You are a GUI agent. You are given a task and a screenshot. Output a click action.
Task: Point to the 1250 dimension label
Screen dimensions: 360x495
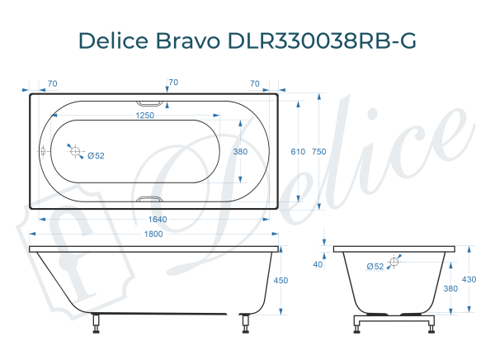click(146, 116)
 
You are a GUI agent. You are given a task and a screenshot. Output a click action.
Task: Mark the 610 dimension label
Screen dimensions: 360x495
click(298, 152)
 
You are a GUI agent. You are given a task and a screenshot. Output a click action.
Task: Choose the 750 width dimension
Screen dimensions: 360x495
click(319, 152)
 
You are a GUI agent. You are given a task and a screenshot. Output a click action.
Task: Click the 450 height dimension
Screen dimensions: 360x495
click(280, 281)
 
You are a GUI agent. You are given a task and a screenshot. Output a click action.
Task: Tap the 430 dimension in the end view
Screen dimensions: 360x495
click(469, 280)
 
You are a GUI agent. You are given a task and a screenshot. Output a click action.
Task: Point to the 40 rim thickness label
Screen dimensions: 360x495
click(318, 264)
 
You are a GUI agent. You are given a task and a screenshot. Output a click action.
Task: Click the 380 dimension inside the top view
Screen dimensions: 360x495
click(240, 152)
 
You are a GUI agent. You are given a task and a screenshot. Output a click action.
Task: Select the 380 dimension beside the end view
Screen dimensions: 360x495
click(451, 289)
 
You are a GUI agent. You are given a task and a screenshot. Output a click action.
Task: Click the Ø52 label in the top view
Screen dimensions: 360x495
click(96, 155)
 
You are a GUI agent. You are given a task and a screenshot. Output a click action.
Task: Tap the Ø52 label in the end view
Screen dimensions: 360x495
click(375, 266)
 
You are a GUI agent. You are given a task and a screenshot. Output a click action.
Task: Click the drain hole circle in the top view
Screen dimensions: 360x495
click(75, 152)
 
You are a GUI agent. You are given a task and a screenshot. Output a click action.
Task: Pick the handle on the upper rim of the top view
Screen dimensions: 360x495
click(150, 102)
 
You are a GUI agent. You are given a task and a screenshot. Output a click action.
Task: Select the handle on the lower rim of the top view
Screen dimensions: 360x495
click(150, 200)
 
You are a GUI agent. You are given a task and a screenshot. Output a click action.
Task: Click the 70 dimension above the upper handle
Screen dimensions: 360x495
click(173, 83)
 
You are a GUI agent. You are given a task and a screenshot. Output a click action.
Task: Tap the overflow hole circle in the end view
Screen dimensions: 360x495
click(393, 261)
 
